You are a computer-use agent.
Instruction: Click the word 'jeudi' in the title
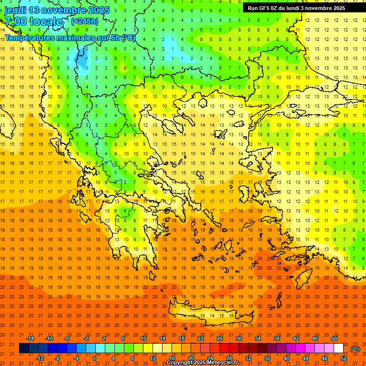point(15,10)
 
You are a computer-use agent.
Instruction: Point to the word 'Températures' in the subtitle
point(29,38)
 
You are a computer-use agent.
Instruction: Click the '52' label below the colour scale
point(344,358)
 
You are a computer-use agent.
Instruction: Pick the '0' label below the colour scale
point(94,358)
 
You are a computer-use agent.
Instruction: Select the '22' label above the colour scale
point(201,338)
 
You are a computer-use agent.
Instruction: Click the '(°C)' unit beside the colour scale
point(355,349)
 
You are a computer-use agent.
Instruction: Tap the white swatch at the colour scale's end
point(338,348)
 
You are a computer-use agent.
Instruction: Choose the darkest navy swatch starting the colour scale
point(24,348)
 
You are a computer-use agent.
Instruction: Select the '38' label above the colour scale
point(277,338)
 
